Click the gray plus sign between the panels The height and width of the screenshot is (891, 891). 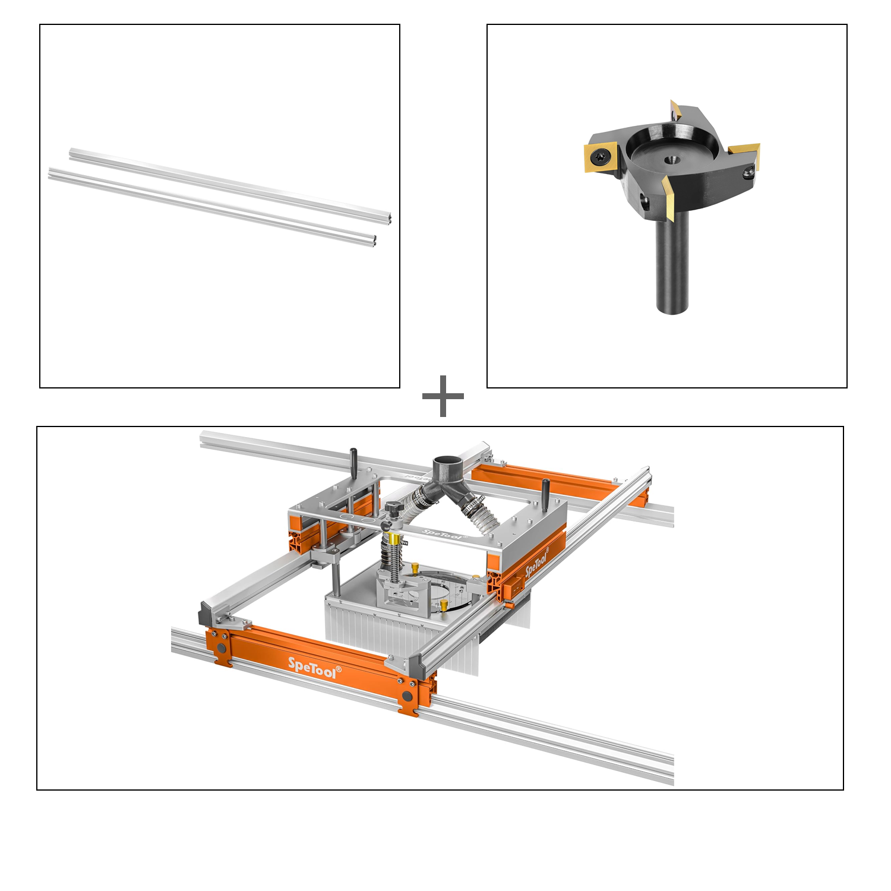pyautogui.click(x=443, y=396)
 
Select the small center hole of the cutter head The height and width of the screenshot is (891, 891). pyautogui.click(x=672, y=159)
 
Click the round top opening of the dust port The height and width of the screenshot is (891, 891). pyautogui.click(x=447, y=463)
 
